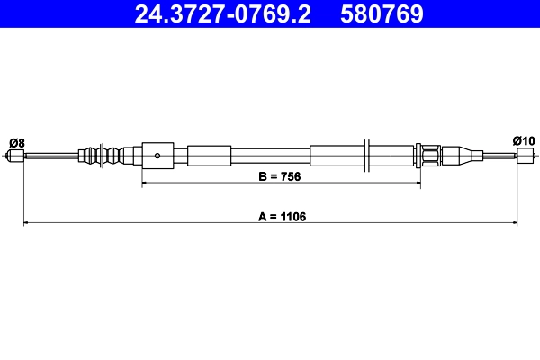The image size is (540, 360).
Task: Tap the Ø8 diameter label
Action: [x=16, y=141]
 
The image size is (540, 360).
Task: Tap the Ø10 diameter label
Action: [x=524, y=140]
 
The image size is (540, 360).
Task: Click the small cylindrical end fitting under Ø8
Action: [x=14, y=157]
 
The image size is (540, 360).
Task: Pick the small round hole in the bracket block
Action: [x=157, y=156]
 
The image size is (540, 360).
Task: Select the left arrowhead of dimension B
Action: [x=146, y=184]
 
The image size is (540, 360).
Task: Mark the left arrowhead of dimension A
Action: [x=26, y=222]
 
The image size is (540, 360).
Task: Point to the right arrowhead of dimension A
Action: [x=514, y=222]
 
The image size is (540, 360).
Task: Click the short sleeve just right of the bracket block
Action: [x=209, y=156]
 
